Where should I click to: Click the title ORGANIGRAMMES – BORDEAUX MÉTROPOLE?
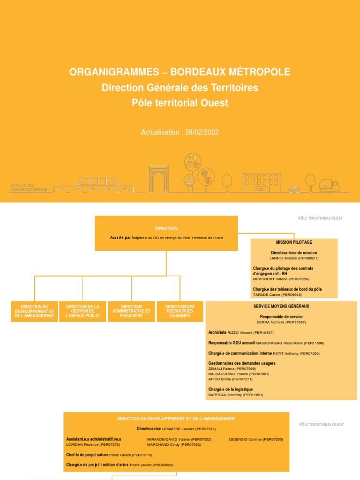click(180, 72)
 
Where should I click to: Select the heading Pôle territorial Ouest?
click(180, 103)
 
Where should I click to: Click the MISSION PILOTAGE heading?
click(294, 242)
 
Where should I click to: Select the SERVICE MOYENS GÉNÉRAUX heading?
click(281, 306)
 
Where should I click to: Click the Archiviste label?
click(217, 332)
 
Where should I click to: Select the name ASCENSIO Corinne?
click(245, 439)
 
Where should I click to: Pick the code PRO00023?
click(164, 465)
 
